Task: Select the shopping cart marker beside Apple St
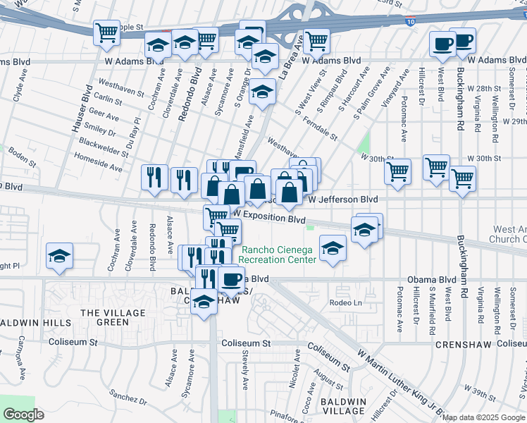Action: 106,32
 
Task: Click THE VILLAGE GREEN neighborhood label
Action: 104,317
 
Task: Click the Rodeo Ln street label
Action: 345,302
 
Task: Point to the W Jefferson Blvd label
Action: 343,200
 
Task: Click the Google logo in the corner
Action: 23,415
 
